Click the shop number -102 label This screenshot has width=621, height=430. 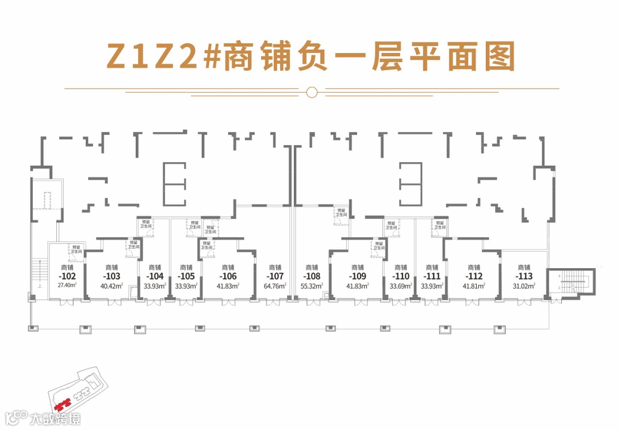pos(67,276)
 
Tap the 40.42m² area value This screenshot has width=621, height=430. pos(112,285)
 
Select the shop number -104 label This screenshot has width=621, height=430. pos(155,276)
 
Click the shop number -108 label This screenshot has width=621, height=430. pos(312,276)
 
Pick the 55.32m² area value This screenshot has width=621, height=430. pos(312,285)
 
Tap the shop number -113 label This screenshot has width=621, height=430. pos(524,276)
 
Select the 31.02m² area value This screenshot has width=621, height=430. pos(524,285)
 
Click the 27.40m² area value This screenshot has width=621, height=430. pos(67,285)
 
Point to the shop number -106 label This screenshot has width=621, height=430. pos(228,276)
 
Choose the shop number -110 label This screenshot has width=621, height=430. pos(401,276)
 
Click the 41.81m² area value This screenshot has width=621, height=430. pos(474,285)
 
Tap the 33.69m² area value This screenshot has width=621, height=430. pos(401,285)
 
